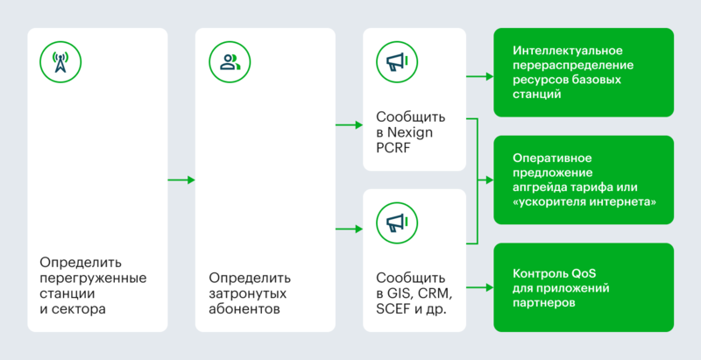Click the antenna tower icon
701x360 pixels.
point(60,61)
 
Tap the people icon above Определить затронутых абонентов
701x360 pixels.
point(230,61)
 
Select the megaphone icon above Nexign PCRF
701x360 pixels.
point(395,61)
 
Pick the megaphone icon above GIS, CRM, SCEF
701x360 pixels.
point(395,222)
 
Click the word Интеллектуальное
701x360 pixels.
point(567,50)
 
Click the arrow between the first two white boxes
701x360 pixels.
point(181,180)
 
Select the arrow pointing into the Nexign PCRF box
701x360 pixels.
point(350,126)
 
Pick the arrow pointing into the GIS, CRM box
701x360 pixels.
point(350,229)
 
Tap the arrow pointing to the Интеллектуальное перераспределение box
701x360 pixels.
point(479,76)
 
